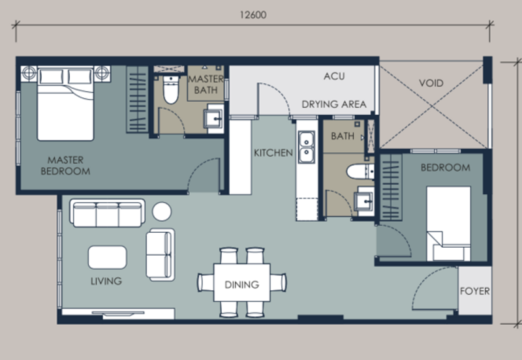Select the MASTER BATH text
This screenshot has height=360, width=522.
(x=206, y=84)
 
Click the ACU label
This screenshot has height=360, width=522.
(x=334, y=76)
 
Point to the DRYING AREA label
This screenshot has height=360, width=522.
(x=333, y=104)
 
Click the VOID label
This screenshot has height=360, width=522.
(x=430, y=83)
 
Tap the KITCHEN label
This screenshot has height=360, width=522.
(x=273, y=153)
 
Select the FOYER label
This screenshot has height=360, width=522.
(x=474, y=292)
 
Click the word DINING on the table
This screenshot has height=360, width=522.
(x=241, y=284)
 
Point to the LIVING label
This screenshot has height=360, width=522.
(x=106, y=281)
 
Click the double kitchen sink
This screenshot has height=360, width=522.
(x=305, y=147)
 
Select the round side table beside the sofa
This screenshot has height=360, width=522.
(x=161, y=211)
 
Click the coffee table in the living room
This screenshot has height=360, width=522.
(x=108, y=256)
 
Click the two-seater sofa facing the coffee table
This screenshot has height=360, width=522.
(x=160, y=254)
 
